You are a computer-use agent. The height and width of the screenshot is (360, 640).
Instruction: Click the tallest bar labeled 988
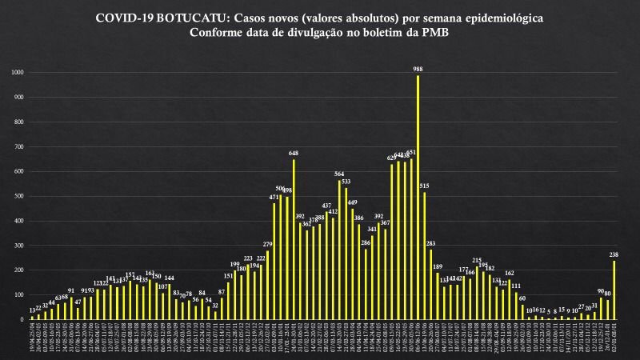418,200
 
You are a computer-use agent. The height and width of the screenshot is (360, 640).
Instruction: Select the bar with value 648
294,240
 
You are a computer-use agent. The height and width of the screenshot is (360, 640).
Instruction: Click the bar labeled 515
424,256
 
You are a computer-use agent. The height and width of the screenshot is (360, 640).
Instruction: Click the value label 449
352,202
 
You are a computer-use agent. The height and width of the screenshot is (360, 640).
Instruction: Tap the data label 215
477,260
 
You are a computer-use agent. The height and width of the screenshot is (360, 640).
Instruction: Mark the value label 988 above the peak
418,69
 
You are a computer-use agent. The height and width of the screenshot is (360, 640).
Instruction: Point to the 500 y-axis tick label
20,196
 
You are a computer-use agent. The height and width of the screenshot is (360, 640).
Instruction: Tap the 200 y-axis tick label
20,270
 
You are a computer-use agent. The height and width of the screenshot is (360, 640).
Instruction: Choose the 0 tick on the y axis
23,319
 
